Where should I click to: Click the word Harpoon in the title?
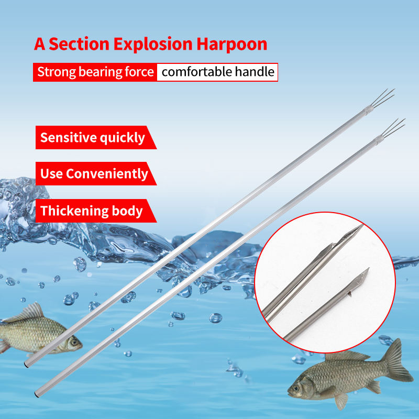click(231, 44)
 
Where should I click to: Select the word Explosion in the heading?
click(153, 44)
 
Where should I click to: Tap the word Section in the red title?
click(79, 44)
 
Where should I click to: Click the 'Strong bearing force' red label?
click(95, 72)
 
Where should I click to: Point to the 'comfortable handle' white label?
click(217, 72)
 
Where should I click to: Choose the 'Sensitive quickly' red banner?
click(96, 137)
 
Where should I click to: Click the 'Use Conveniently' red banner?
click(96, 174)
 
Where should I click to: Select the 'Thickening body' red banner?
click(96, 211)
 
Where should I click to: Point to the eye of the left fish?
click(73, 341)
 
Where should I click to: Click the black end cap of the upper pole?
click(26, 364)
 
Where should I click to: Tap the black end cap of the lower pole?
click(36, 394)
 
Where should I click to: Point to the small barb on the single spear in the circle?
click(349, 294)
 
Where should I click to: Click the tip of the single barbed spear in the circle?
click(369, 268)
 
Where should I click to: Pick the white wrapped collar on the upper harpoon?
click(369, 109)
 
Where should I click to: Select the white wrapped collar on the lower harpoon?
click(379, 139)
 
